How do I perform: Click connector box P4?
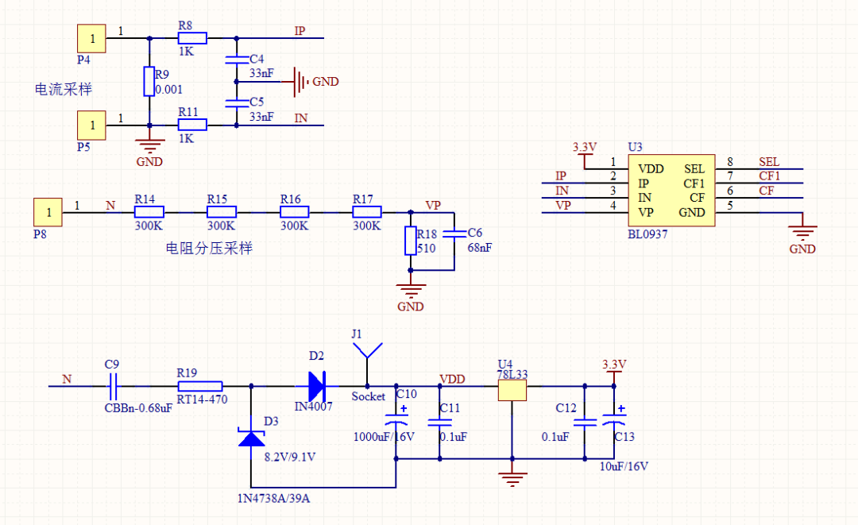pos(91,37)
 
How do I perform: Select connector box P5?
pos(91,125)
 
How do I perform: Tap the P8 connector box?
pos(48,212)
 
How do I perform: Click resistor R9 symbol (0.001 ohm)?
pos(149,81)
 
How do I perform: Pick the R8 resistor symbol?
pos(192,37)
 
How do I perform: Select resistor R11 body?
pos(192,125)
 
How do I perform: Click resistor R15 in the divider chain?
pos(222,212)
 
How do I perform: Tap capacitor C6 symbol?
pos(454,234)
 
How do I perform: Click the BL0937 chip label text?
pos(647,235)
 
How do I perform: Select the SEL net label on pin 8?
pos(769,162)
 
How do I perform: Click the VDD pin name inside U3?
pos(651,169)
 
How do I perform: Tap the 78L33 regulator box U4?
pos(512,390)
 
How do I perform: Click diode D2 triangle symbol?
pos(316,387)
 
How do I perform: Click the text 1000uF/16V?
pos(383,436)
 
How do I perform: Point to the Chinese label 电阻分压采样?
pos(209,249)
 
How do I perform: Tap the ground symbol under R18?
pos(411,289)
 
